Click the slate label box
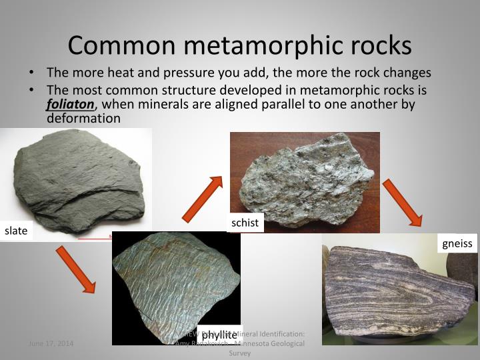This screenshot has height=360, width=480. pos(16,231)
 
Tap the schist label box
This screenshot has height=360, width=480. pos(245,223)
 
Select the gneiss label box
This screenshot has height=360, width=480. pos(457,243)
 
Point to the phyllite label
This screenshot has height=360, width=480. pos(219,334)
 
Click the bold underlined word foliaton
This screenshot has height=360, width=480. pos(71,104)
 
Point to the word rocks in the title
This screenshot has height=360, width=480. pos(380,45)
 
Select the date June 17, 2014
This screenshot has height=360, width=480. pos(51,343)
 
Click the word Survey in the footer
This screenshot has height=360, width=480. pos(239,353)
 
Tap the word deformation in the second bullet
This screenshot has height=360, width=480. pos(83,118)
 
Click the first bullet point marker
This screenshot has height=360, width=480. pos(32,73)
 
